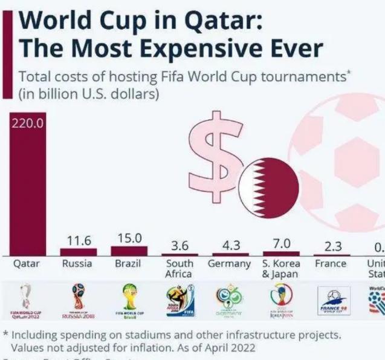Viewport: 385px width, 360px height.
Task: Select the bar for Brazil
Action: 129,250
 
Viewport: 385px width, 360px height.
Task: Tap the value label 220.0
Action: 24,125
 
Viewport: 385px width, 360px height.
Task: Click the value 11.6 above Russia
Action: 79,241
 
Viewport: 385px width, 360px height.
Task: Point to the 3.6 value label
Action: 180,246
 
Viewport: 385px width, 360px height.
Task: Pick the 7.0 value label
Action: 281,243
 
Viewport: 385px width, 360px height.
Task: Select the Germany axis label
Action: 229,264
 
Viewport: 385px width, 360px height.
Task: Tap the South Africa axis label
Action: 180,269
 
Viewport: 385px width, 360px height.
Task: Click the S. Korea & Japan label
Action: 281,269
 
